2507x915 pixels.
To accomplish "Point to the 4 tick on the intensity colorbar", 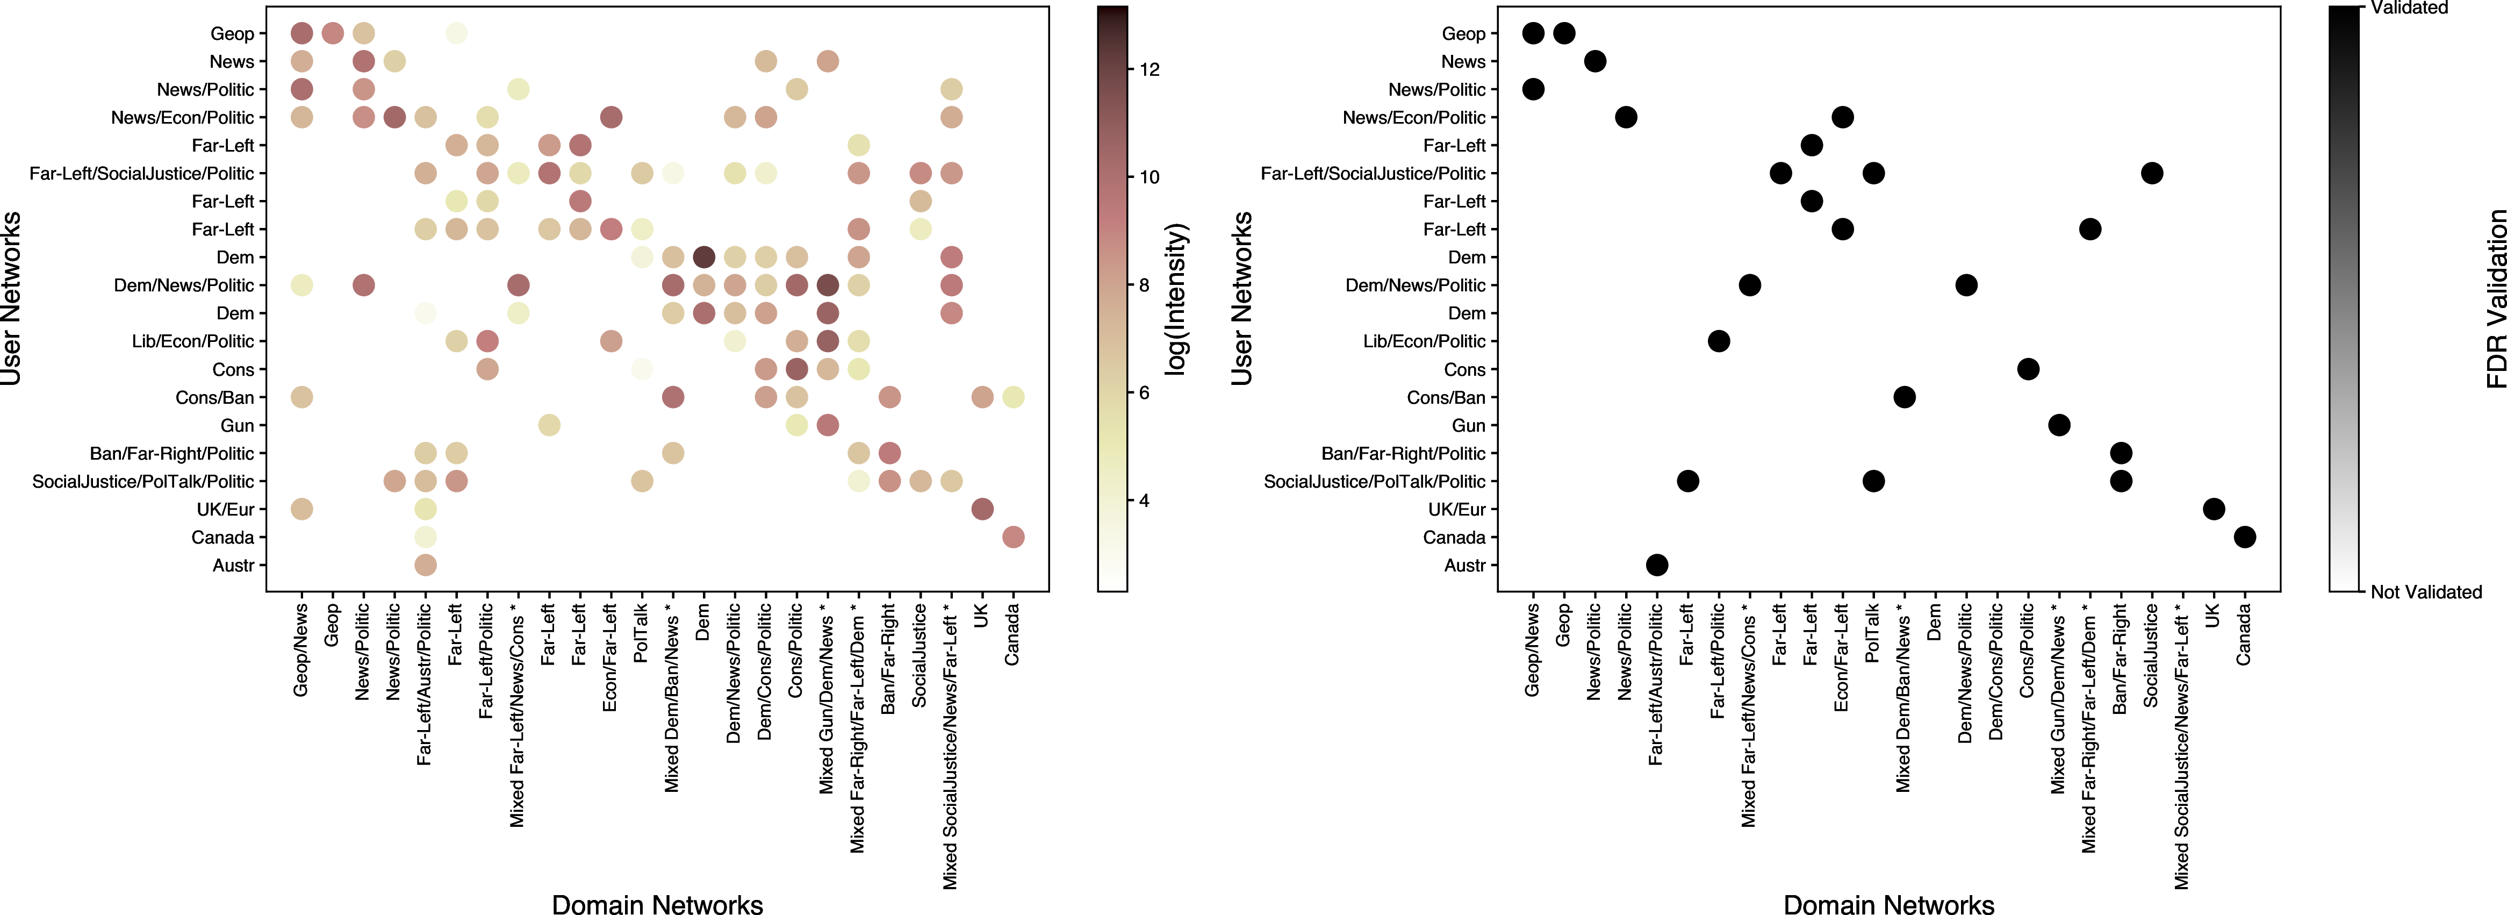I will point(1144,501).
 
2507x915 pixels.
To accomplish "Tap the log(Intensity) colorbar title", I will point(1176,299).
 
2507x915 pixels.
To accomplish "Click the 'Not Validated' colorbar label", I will point(2425,592).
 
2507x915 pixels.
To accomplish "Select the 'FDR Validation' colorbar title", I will point(2494,299).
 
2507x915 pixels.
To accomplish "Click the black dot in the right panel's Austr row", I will point(1656,564).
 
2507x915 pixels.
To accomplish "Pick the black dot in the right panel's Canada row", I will point(2244,537).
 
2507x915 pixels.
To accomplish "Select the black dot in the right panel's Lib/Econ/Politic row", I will point(1719,341).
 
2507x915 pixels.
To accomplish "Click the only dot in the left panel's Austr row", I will point(425,564).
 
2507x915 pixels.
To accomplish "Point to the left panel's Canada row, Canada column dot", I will point(1012,537).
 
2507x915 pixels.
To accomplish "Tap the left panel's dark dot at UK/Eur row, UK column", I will point(982,509).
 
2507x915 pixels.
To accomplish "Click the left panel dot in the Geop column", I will point(332,33).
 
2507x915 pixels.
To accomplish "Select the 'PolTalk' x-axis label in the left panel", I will point(641,633).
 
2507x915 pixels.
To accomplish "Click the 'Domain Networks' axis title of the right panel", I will point(1888,904).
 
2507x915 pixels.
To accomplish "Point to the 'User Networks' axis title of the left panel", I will point(12,299).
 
